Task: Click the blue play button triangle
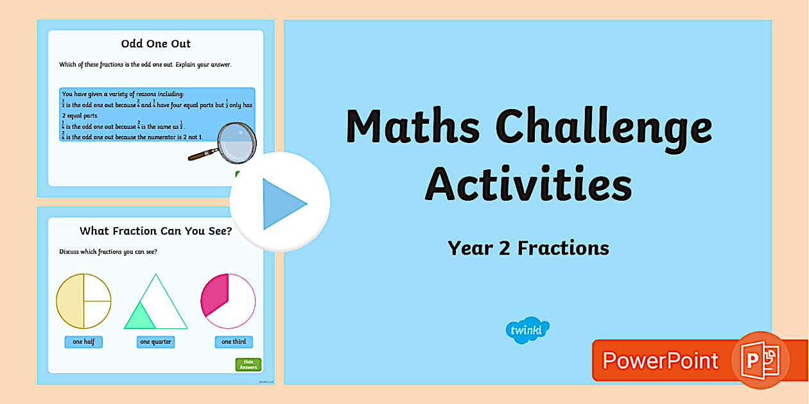pos(283,204)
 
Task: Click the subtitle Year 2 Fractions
pos(528,248)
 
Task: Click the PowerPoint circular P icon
pos(760,360)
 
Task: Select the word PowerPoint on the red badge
pos(660,360)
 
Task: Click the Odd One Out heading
pos(156,44)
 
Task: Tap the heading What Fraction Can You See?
pos(156,231)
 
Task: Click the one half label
pos(83,342)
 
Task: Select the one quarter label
pos(156,342)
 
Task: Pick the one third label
pos(234,342)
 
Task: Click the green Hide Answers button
pos(248,365)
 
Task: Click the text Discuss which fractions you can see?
pos(108,251)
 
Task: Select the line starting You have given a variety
pos(123,94)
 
